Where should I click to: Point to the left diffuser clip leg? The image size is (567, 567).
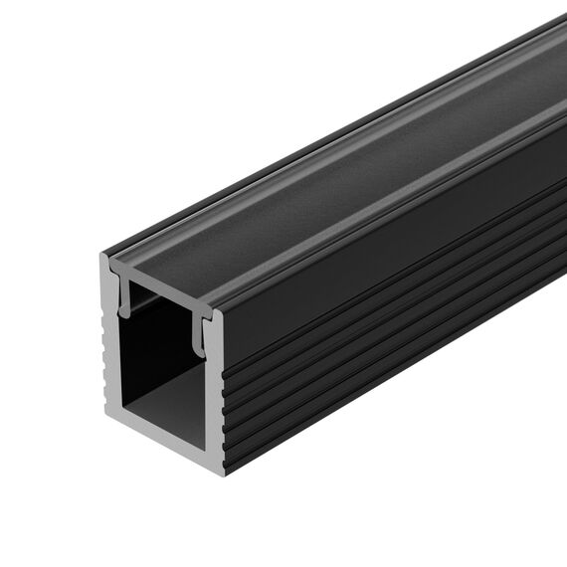tap(124, 298)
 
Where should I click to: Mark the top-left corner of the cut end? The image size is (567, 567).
tap(102, 257)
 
